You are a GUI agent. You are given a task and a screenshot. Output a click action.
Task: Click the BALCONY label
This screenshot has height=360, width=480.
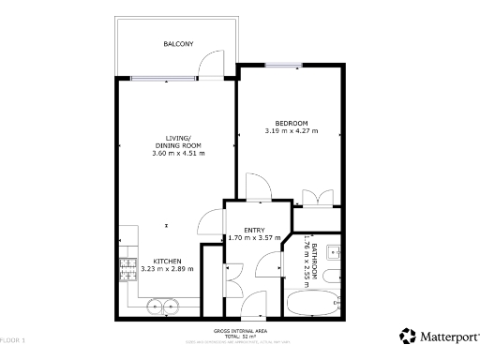tap(178, 44)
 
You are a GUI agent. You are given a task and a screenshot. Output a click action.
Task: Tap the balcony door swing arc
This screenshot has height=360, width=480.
tap(212, 65)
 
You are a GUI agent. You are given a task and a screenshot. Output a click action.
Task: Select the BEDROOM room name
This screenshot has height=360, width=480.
tap(292, 123)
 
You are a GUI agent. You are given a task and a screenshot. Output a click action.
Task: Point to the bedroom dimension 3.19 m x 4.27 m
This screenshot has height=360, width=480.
tap(292, 131)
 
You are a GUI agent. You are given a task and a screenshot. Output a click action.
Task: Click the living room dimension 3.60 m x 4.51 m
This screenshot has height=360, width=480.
tap(177, 153)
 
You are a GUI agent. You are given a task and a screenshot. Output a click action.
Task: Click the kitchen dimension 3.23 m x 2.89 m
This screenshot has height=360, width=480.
tap(167, 269)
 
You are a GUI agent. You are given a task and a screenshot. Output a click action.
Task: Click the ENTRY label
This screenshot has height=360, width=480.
tap(253, 231)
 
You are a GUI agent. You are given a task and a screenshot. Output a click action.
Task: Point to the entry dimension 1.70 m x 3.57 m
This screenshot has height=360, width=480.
tap(253, 239)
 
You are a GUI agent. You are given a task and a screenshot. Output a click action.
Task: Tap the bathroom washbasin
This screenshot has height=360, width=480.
tap(339, 253)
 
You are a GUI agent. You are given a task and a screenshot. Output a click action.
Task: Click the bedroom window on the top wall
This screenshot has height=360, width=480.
tap(282, 65)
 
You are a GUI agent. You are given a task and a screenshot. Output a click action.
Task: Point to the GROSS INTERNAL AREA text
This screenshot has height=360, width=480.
tap(239, 331)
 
